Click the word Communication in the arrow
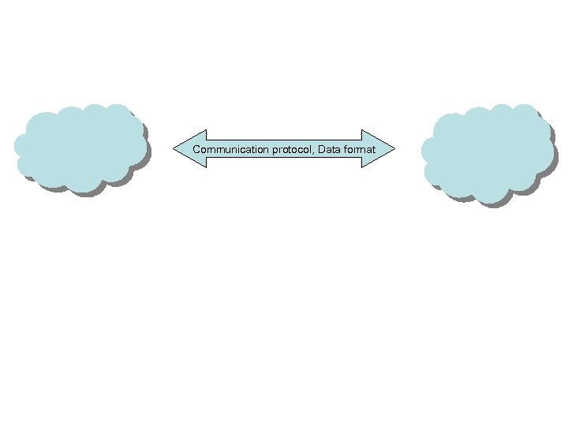click(225, 149)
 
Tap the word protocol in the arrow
click(286, 149)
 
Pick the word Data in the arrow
click(329, 149)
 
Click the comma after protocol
click(313, 151)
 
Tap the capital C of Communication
click(196, 149)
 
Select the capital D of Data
click(322, 149)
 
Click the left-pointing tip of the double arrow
click(174, 148)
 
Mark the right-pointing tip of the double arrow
click(393, 148)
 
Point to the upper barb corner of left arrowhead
click(205, 130)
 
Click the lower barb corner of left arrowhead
click(205, 166)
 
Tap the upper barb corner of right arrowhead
click(361, 130)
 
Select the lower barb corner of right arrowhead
click(361, 166)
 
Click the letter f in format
click(345, 149)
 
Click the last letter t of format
click(374, 149)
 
